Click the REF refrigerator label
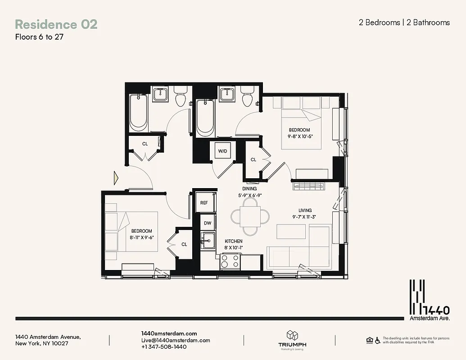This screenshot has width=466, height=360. point(204,203)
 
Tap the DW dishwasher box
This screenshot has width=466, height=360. point(208,223)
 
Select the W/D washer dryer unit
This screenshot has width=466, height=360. point(222,151)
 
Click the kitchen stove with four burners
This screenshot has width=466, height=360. point(230,261)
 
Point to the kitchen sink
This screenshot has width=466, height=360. point(208,240)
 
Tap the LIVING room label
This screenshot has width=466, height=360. point(305,210)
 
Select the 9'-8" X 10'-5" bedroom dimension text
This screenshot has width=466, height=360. point(302,136)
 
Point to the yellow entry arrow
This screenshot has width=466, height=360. point(116,179)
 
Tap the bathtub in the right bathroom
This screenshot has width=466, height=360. point(205,117)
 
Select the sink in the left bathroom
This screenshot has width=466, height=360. point(160,94)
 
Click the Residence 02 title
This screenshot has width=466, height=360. point(56,24)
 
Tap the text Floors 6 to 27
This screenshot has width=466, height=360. point(39,37)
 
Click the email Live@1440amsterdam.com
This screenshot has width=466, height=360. point(176,340)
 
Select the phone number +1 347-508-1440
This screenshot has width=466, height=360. point(164,347)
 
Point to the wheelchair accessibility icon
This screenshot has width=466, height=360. point(377,340)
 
